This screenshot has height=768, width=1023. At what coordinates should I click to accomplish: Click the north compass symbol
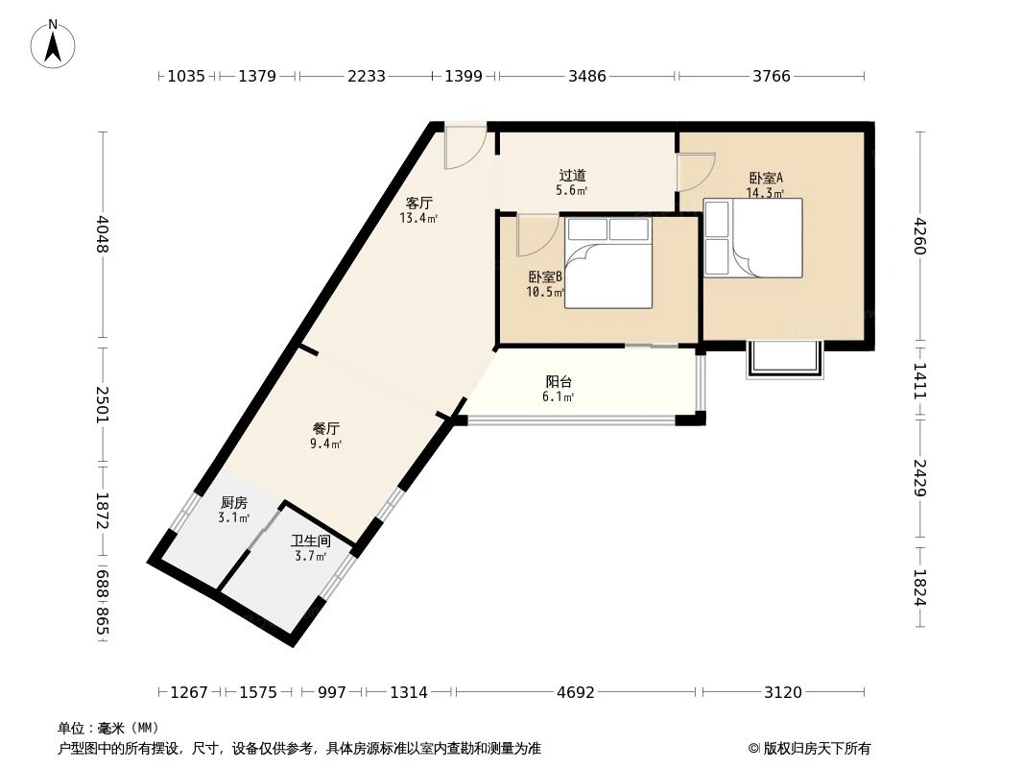(54, 43)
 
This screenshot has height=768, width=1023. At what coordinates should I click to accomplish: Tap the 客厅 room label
(418, 204)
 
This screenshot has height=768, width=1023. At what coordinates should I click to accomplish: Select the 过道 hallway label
(572, 176)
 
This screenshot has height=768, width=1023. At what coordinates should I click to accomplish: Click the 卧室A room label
(766, 178)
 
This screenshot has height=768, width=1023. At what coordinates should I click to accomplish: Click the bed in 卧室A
(753, 237)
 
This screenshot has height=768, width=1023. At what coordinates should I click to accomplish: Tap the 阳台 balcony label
(559, 380)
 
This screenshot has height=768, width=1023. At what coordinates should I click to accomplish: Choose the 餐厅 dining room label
(326, 428)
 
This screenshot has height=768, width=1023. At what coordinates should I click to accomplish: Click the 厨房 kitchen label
(234, 502)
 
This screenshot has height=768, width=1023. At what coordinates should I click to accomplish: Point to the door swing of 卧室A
(694, 173)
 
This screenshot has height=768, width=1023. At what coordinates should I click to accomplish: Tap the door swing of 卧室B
(537, 233)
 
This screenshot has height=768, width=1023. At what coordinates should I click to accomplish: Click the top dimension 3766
(772, 76)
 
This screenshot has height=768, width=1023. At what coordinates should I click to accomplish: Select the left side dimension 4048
(103, 234)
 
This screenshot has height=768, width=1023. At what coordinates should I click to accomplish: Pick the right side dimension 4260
(920, 236)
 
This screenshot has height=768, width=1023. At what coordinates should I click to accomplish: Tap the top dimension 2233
(366, 76)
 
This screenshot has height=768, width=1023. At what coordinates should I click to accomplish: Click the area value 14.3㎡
(765, 192)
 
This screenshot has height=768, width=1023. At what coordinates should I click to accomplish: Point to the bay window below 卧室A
(785, 359)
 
